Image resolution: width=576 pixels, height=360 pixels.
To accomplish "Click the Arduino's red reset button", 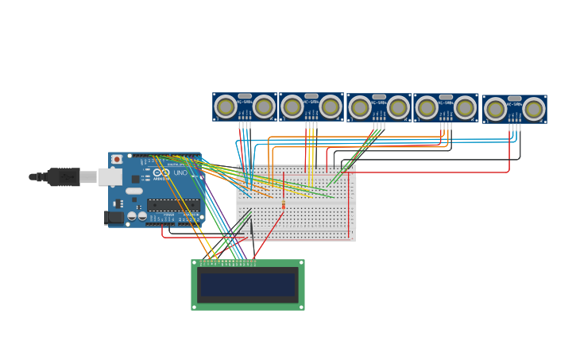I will pyautogui.click(x=117, y=159).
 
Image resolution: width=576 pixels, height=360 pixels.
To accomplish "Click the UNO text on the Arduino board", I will pyautogui.click(x=180, y=172).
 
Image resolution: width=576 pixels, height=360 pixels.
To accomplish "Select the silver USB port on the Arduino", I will pyautogui.click(x=110, y=176).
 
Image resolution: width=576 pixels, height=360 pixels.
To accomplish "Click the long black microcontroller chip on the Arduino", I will pyautogui.click(x=173, y=205).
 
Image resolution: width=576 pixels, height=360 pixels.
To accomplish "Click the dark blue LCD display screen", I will pyautogui.click(x=247, y=285).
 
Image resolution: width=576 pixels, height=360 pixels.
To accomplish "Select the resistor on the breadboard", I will pyautogui.click(x=284, y=205).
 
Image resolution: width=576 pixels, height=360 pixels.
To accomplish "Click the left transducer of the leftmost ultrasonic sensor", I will pyautogui.click(x=226, y=106).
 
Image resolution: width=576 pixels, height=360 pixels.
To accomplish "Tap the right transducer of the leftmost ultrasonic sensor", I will pyautogui.click(x=264, y=106).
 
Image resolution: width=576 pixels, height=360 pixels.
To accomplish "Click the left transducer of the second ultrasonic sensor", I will pyautogui.click(x=292, y=106).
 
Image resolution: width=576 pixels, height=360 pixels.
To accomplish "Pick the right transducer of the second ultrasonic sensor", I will pyautogui.click(x=331, y=106).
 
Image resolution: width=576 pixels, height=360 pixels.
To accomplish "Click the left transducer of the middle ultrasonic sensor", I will pyautogui.click(x=360, y=107).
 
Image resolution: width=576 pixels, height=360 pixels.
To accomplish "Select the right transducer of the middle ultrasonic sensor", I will pyautogui.click(x=398, y=107).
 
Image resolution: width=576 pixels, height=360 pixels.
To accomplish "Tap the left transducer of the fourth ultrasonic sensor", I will pyautogui.click(x=427, y=107).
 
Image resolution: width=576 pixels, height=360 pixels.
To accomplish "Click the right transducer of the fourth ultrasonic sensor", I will pyautogui.click(x=465, y=107).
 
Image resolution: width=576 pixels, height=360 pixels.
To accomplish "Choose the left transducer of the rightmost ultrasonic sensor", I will pyautogui.click(x=495, y=109).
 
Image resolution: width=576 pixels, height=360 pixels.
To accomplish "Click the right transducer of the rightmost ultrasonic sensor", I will pyautogui.click(x=533, y=109).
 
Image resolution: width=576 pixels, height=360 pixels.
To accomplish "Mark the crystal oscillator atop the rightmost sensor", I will pyautogui.click(x=515, y=99).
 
